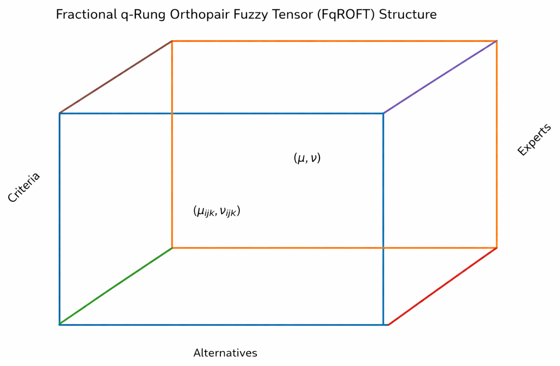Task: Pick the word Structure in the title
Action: [408, 15]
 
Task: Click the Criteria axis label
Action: [24, 188]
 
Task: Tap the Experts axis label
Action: [534, 139]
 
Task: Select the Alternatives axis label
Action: [225, 353]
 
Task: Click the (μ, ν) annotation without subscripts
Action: [307, 158]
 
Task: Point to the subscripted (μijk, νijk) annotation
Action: [217, 211]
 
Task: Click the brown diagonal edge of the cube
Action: [116, 77]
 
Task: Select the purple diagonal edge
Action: [440, 77]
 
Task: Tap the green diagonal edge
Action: [116, 286]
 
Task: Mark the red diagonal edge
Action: [442, 286]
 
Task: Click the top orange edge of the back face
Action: [334, 41]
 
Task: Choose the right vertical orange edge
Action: [497, 144]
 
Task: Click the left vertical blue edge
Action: [59, 219]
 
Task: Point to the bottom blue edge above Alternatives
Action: [221, 325]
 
